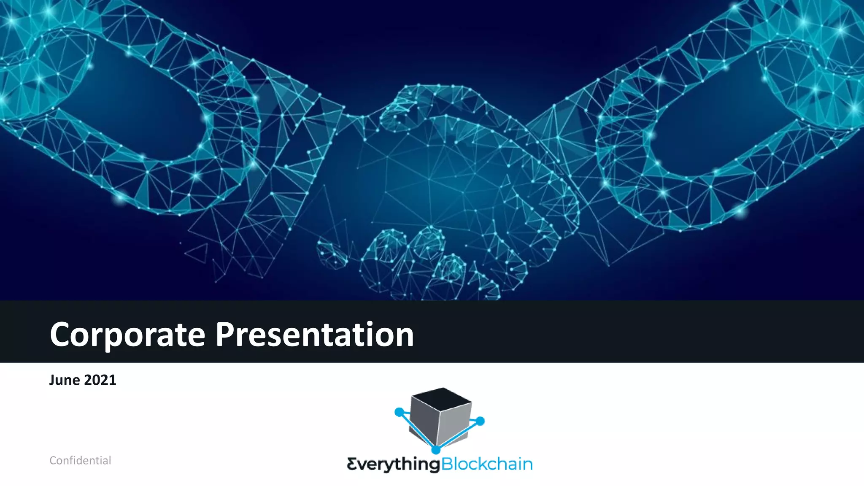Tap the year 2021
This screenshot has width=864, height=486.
100,380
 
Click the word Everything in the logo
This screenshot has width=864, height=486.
393,464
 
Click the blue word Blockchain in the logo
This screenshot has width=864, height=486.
487,464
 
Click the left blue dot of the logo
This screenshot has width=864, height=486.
399,412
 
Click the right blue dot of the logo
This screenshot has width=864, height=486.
480,421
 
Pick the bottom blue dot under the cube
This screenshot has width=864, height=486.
436,450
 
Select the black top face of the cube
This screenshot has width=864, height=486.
441,399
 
